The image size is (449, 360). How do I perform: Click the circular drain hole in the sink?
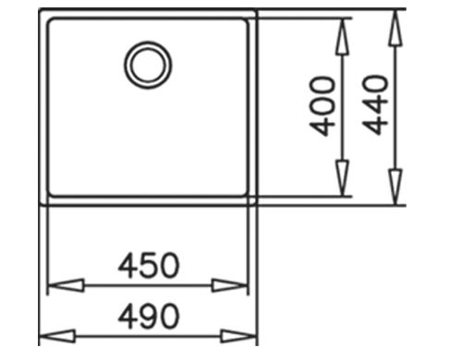[x=148, y=64]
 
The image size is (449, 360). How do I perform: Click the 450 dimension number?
[x=148, y=266]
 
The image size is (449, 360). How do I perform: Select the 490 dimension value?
[x=148, y=317]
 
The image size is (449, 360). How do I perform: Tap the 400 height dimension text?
[x=323, y=105]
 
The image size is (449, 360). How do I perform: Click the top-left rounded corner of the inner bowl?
[x=52, y=24]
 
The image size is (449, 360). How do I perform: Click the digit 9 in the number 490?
[x=148, y=317]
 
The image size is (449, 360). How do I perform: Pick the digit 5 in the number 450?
[x=148, y=266]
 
